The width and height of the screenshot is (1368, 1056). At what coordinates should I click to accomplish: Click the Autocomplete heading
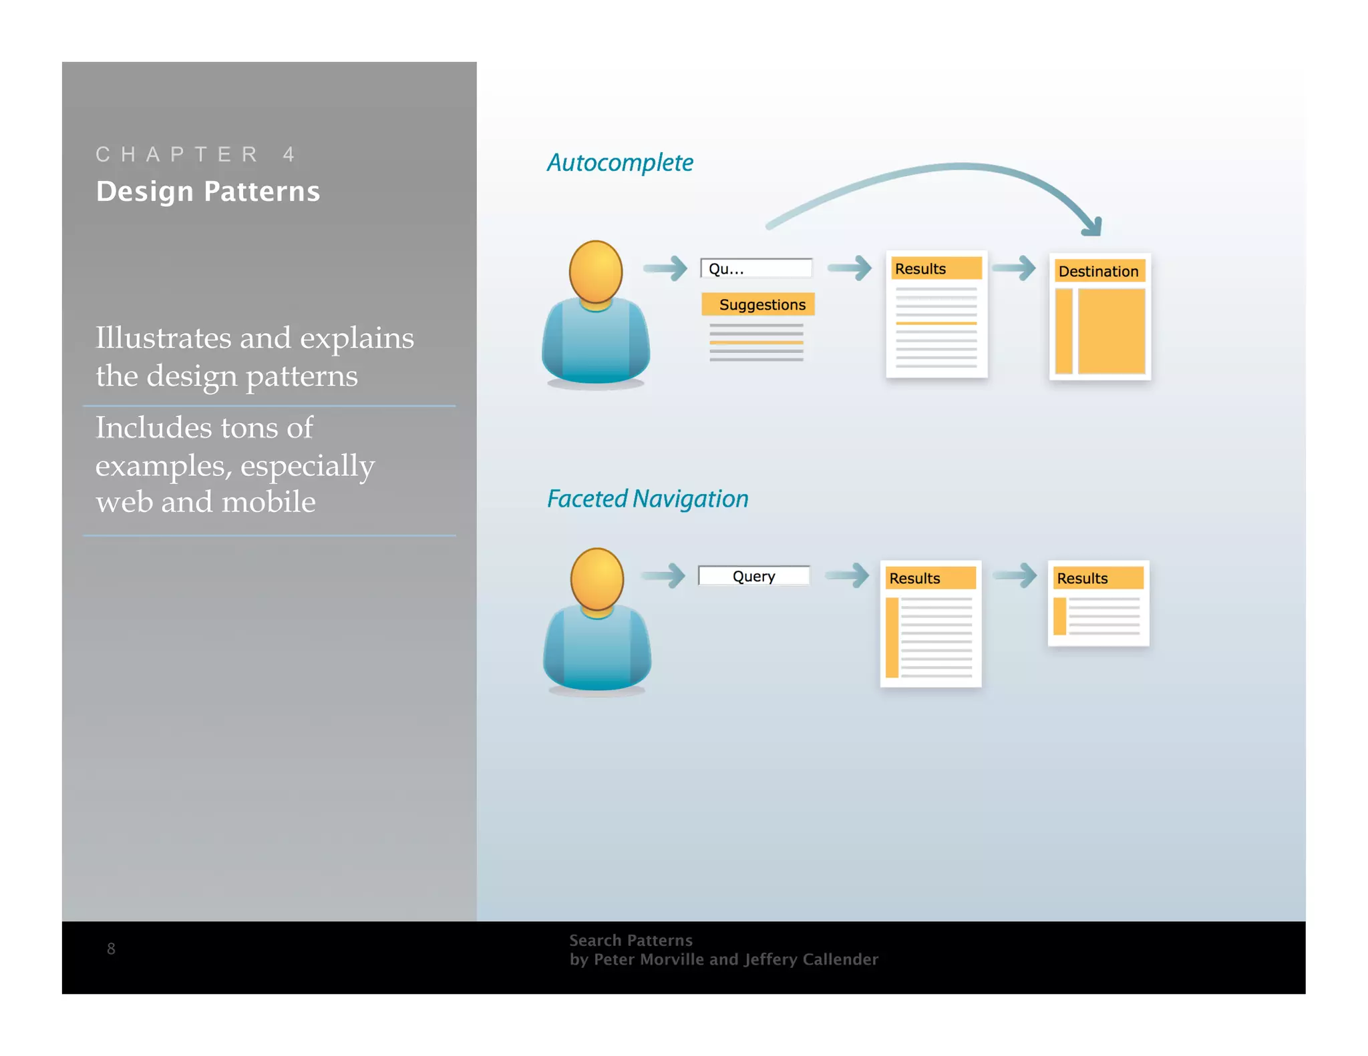[619, 163]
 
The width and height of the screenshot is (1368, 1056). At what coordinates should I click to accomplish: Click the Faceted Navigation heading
[647, 499]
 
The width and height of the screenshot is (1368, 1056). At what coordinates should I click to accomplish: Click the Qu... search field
[755, 268]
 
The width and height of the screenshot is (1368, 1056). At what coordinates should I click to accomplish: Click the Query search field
[753, 576]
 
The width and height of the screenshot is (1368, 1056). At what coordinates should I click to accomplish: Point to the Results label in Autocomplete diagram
[920, 268]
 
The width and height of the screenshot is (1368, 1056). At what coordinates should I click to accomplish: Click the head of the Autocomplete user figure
[595, 271]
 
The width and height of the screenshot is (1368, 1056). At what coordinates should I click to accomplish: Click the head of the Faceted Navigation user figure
[596, 579]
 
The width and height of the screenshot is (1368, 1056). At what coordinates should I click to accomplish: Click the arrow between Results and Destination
[1014, 268]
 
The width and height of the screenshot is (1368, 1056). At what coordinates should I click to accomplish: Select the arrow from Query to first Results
[847, 575]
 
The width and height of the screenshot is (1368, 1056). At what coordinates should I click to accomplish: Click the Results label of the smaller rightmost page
[1081, 578]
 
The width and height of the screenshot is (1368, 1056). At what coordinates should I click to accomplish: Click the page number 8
[111, 949]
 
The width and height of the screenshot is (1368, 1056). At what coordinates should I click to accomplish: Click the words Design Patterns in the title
[208, 192]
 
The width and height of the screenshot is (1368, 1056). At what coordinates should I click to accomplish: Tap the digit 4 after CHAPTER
[289, 154]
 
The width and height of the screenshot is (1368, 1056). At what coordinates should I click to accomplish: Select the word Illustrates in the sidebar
[162, 338]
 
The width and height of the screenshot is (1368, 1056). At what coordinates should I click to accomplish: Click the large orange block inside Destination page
[1111, 331]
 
